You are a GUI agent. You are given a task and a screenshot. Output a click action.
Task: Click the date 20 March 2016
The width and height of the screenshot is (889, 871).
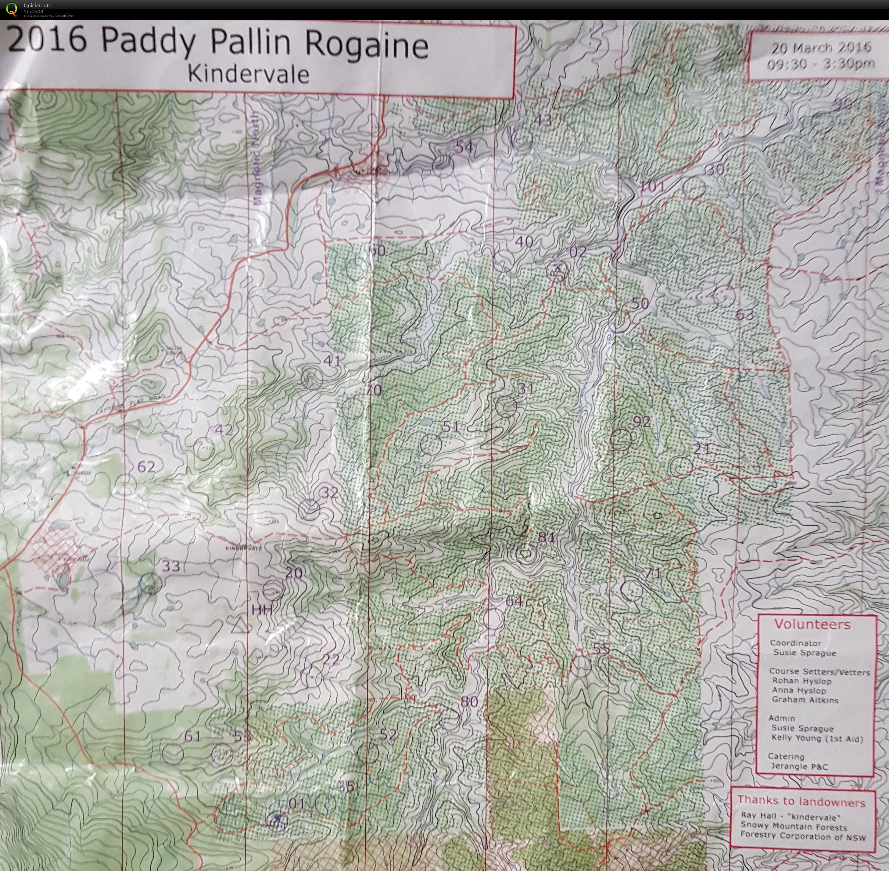click(x=821, y=48)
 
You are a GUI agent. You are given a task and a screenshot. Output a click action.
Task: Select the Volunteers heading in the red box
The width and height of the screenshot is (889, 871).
click(x=812, y=624)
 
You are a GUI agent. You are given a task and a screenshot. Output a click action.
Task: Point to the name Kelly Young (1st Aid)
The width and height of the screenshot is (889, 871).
click(x=817, y=738)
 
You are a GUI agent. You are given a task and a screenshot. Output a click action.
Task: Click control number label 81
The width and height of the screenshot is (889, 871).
click(x=546, y=537)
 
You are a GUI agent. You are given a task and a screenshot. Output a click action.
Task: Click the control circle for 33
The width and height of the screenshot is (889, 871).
click(x=151, y=584)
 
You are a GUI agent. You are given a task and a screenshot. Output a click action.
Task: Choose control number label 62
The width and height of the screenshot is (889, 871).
click(x=146, y=467)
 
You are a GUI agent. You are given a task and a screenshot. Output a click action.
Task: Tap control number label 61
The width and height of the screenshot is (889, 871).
click(x=193, y=736)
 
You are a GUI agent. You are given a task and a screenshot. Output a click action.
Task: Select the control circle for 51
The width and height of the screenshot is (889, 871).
click(x=430, y=444)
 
